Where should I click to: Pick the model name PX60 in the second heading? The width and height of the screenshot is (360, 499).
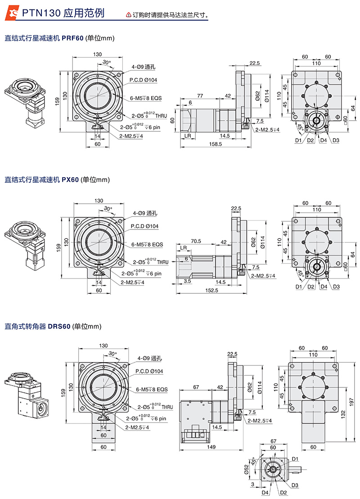point(70,180)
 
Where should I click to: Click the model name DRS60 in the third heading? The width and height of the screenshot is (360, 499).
point(59,326)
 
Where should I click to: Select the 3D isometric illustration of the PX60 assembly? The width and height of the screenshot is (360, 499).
point(26,243)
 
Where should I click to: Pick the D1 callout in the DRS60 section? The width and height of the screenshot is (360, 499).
point(295,459)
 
